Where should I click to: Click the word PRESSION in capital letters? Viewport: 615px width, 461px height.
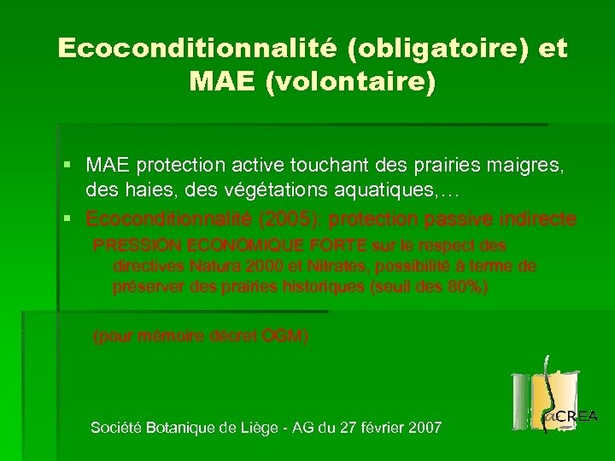coord(132,246)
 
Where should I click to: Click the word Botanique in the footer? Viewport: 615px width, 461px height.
coord(184,427)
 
